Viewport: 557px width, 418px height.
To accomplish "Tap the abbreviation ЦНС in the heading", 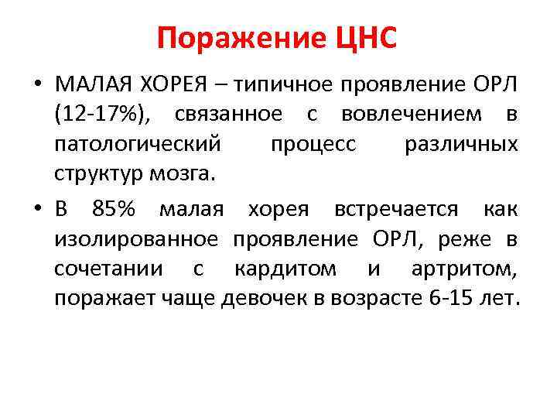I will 361,37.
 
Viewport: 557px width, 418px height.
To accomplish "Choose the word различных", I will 462,144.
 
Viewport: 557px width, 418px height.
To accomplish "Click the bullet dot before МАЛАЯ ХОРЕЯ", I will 38,84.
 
